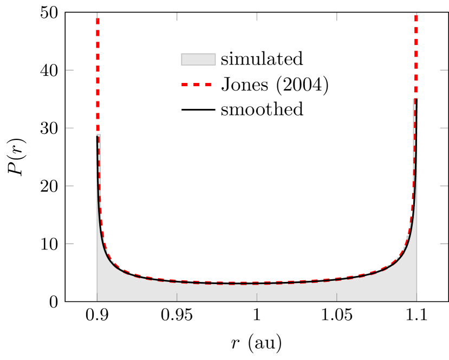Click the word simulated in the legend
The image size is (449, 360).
tap(262, 59)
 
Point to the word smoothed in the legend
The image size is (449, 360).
tap(262, 110)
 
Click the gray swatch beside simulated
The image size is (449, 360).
tap(198, 59)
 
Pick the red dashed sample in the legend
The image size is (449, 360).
tap(198, 85)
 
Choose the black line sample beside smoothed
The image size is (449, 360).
tap(198, 110)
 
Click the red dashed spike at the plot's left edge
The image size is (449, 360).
tap(97, 76)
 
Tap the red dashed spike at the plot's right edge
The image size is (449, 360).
tap(415, 54)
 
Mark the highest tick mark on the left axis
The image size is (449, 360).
tap(69, 70)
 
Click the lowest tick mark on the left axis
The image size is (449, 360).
tap(69, 244)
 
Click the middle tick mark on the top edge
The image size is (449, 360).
tap(257, 17)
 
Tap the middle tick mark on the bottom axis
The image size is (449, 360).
tap(257, 297)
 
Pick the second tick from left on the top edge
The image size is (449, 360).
tap(177, 17)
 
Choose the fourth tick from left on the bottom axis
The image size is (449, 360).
tap(337, 297)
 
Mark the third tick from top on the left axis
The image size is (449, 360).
tap(69, 186)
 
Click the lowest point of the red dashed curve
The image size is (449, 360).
tap(238, 282)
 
